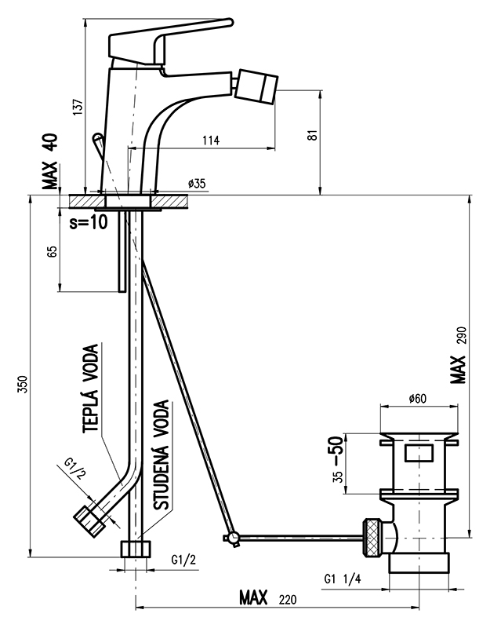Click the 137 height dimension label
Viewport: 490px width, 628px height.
coord(78,107)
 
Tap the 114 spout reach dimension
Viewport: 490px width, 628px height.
coord(211,141)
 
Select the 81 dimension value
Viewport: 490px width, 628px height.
coord(314,134)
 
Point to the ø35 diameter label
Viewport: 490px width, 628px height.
coord(197,184)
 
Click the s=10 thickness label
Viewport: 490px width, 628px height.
coord(89,223)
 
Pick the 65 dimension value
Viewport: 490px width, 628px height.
coord(53,251)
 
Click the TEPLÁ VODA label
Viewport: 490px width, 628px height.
coord(91,388)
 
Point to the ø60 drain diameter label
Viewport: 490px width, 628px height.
coord(417,399)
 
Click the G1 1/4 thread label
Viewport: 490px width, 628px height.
coord(343,579)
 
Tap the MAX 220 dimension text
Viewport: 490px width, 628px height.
coord(268,598)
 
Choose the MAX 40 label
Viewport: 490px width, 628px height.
coord(51,161)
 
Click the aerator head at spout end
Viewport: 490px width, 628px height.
coord(256,86)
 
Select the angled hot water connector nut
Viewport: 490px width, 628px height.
coord(89,520)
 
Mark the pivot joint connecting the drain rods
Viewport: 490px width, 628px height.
coord(233,537)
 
